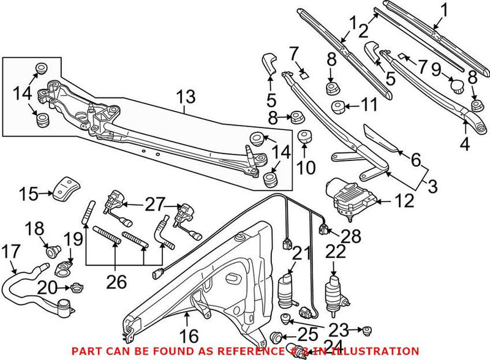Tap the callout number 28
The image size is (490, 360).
pyautogui.click(x=352, y=236)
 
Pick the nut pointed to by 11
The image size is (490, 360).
pyautogui.click(x=337, y=108)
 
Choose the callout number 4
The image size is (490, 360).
pyautogui.click(x=464, y=145)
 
